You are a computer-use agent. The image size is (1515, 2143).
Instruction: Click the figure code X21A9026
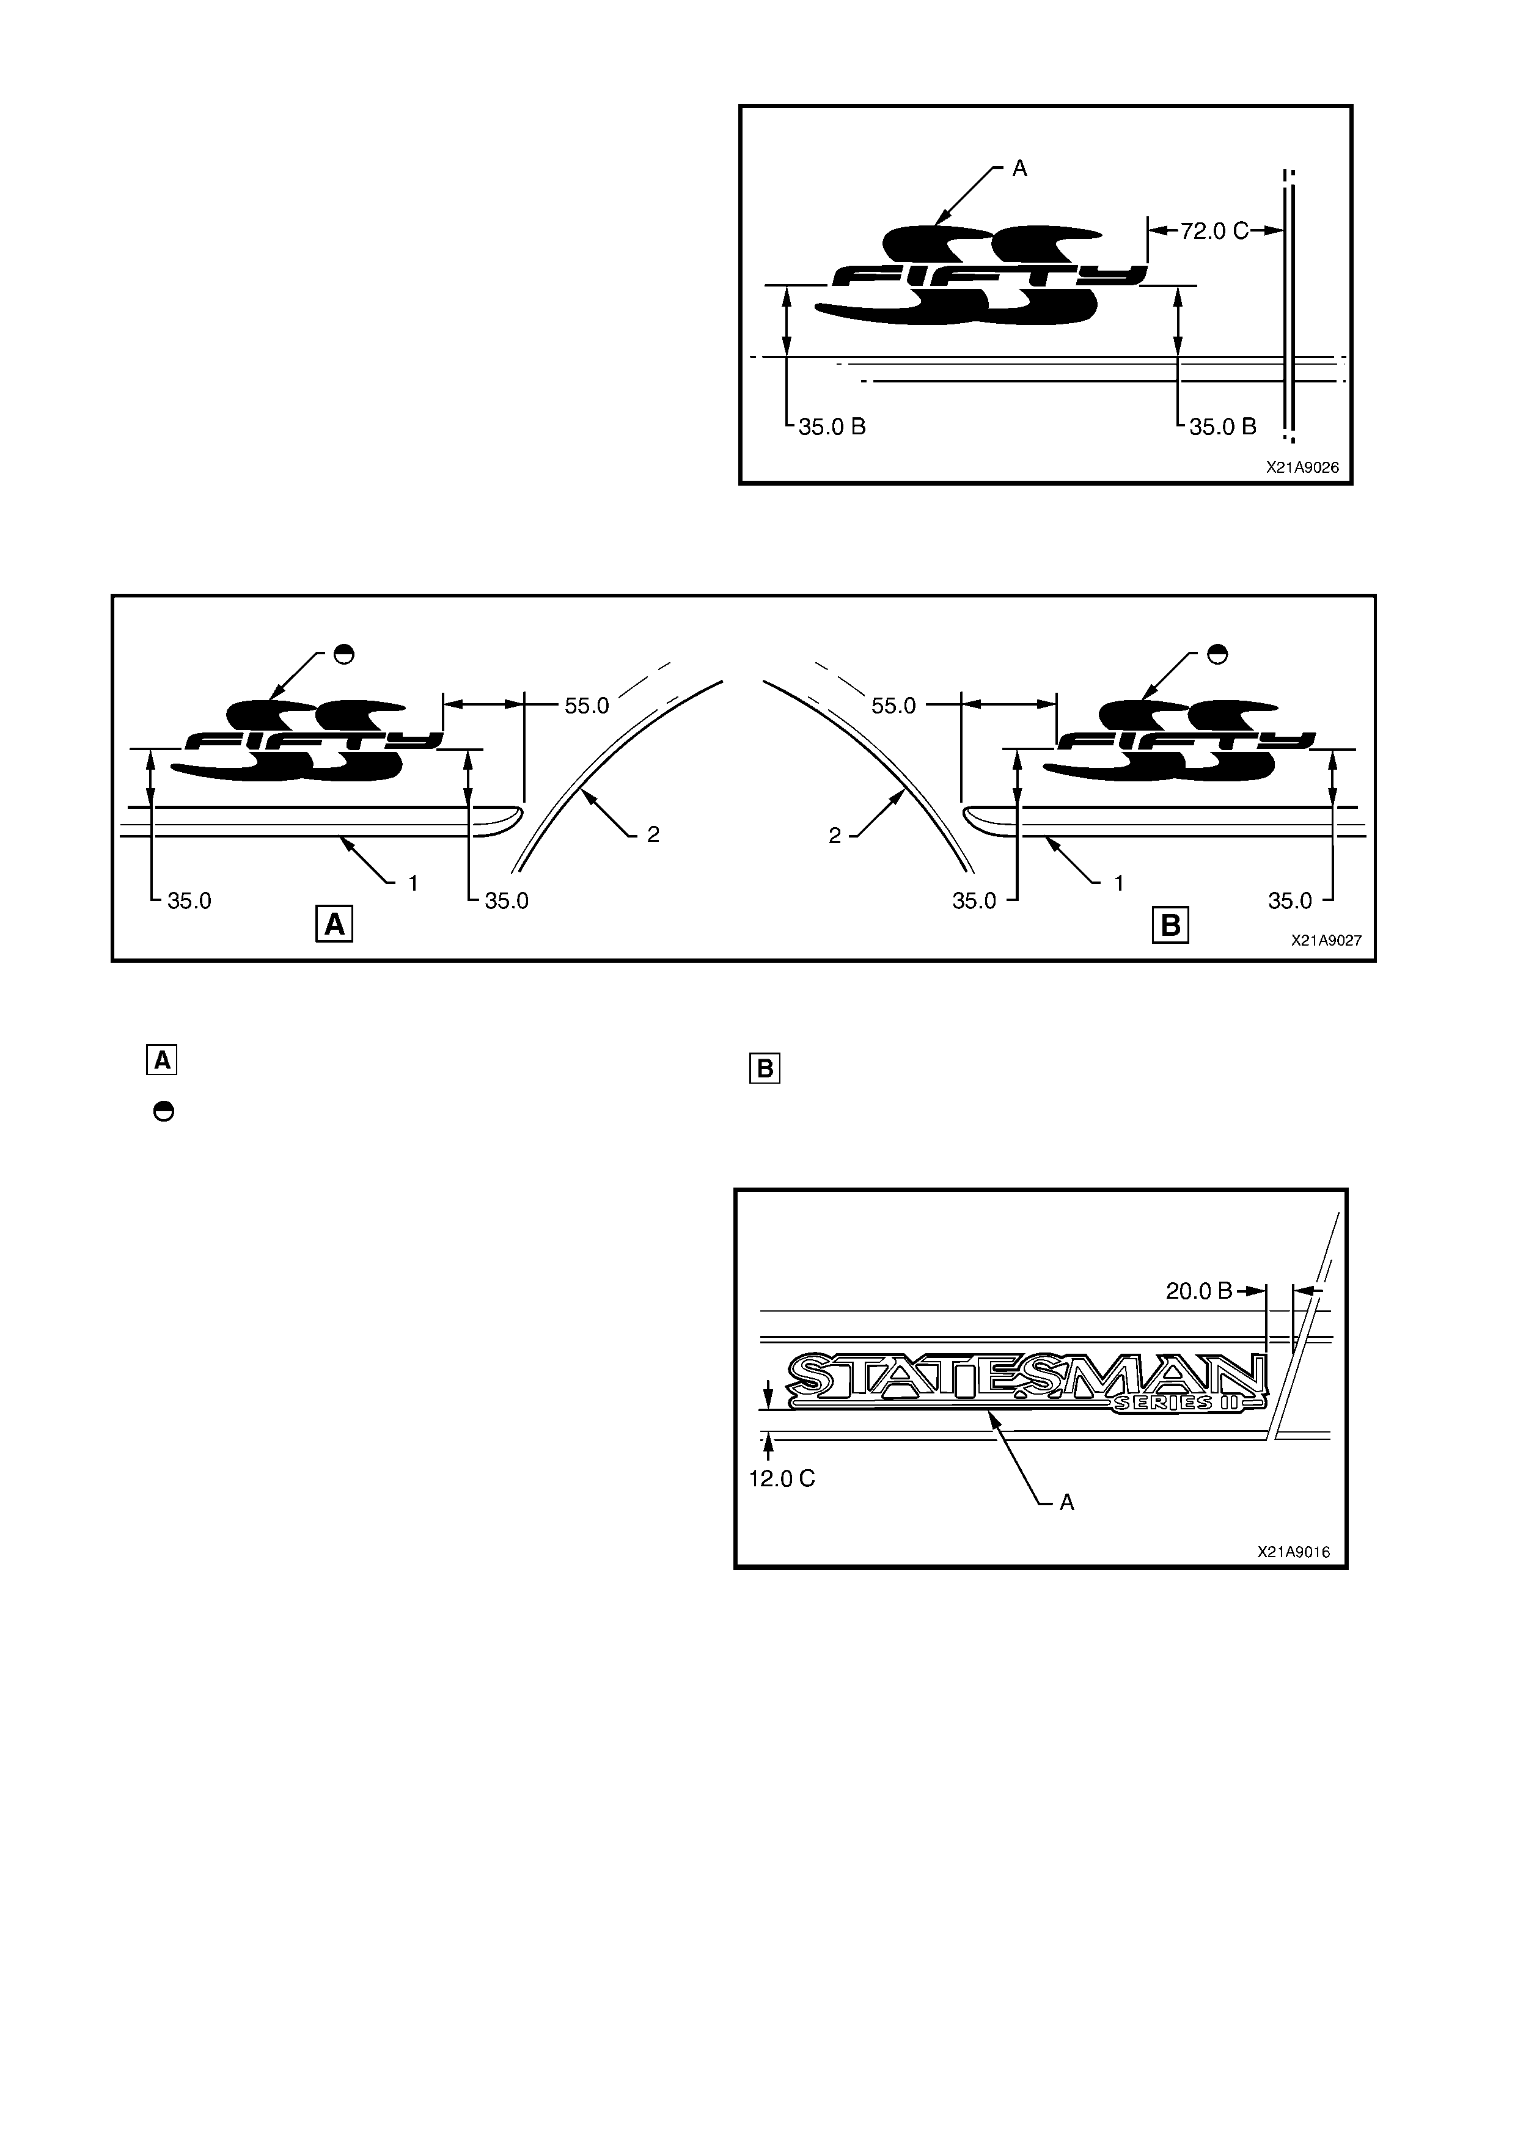[x=1302, y=467]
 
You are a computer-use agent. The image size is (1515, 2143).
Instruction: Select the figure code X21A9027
[x=1326, y=941]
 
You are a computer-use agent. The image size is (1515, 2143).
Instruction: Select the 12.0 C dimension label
[x=782, y=1478]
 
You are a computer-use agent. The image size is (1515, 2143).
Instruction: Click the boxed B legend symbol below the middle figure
[x=765, y=1068]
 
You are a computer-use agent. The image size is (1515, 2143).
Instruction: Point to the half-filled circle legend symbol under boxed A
[x=163, y=1112]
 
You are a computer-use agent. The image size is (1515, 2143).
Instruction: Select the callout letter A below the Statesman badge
[x=1067, y=1503]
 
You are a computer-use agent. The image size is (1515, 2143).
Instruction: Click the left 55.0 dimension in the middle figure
[x=586, y=706]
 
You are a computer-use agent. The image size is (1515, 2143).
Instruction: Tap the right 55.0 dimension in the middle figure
[x=893, y=706]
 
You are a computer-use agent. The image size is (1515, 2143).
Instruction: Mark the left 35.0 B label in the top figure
[x=832, y=426]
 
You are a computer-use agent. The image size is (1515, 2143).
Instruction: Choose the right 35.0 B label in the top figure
[x=1223, y=426]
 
